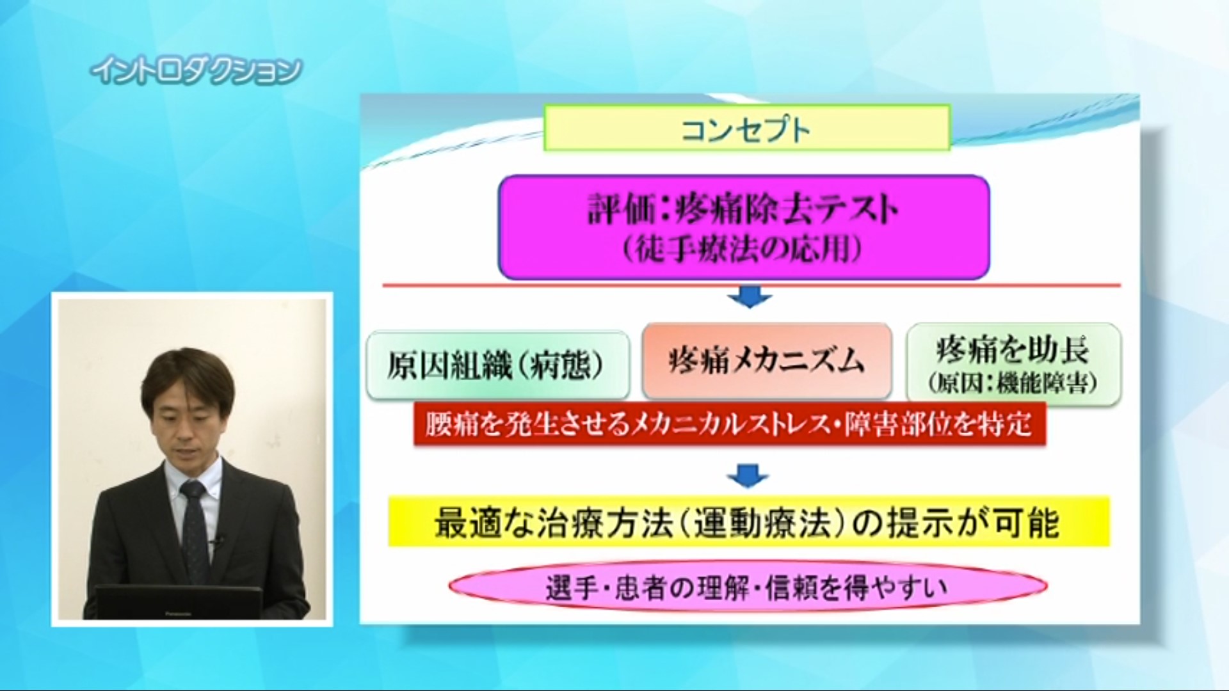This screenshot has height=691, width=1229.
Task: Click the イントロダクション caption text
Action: click(196, 72)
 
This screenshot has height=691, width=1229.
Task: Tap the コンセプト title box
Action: click(747, 128)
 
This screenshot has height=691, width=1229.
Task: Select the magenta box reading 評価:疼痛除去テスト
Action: click(744, 227)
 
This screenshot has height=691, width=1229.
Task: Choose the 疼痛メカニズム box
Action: click(767, 361)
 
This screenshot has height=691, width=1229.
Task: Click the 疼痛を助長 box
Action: click(1014, 363)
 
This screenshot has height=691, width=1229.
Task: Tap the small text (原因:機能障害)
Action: click(1013, 383)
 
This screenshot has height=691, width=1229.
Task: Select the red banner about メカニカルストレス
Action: click(729, 424)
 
